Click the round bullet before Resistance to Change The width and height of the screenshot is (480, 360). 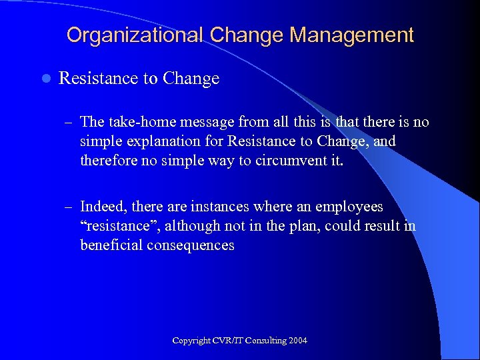[46, 79]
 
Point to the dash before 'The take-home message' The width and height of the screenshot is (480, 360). [69, 123]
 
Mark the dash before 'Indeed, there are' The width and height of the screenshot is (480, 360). [69, 208]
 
